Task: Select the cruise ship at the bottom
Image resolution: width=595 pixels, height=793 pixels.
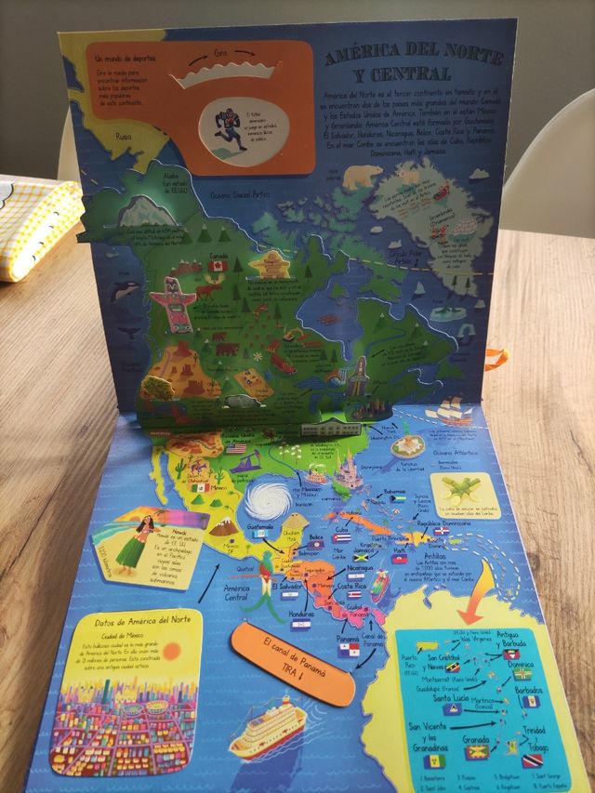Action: click(266, 728)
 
